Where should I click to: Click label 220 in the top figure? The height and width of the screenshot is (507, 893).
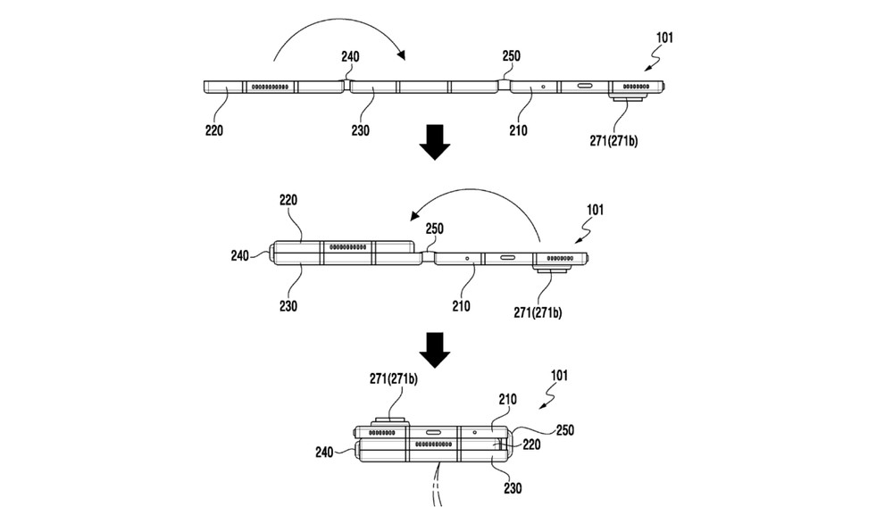[213, 130]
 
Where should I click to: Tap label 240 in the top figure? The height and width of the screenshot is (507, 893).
[350, 56]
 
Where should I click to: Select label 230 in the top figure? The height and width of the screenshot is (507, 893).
[362, 130]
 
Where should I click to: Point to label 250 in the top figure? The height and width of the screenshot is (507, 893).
[511, 56]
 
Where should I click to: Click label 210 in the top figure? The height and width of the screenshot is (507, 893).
[517, 130]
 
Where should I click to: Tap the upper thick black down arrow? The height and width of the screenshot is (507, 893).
[435, 144]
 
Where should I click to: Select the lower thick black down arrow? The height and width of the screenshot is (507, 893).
[435, 350]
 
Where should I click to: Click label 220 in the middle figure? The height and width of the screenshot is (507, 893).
[288, 201]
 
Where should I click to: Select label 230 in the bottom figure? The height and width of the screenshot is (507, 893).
[513, 488]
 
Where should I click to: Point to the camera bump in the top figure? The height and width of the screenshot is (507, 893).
[631, 98]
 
